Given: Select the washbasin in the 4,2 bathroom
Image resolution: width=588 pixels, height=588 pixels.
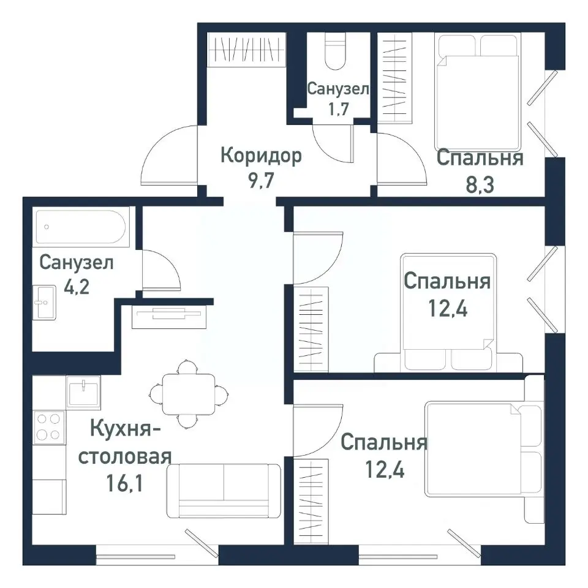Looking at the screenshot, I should point(44,301).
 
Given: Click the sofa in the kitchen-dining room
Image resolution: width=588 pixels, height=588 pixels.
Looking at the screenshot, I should point(224,490).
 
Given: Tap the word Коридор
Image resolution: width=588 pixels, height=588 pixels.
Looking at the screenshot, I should point(261,156).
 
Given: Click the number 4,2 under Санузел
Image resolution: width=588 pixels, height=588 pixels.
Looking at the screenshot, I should point(75,286).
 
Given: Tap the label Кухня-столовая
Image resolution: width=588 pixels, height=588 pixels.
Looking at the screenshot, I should point(126,443).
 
